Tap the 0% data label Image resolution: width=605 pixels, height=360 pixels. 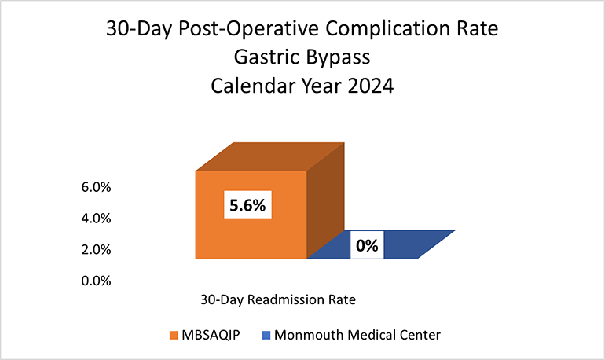367,245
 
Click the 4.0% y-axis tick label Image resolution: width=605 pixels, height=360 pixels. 97,219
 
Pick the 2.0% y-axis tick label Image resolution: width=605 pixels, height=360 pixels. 97,250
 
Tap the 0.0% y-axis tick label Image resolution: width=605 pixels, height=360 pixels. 97,281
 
